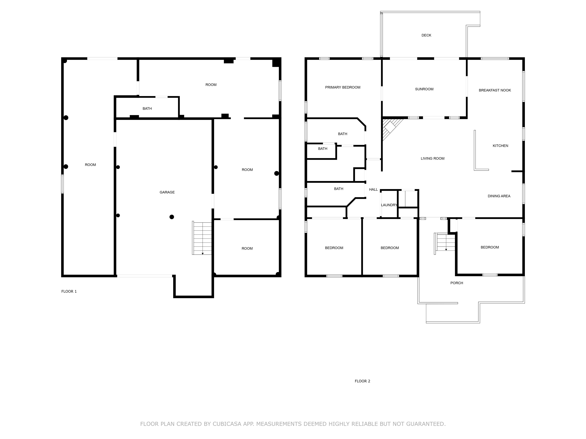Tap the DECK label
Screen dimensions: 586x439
(426, 35)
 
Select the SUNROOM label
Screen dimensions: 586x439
(424, 89)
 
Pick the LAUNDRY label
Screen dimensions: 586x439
(389, 205)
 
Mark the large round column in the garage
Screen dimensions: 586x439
(172, 217)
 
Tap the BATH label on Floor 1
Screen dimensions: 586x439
(147, 108)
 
